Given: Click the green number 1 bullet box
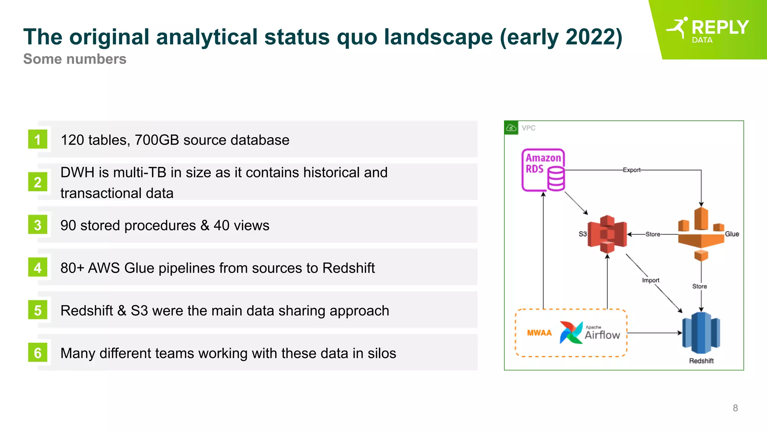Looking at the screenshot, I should (x=37, y=139).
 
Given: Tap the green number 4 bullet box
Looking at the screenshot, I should (x=37, y=268).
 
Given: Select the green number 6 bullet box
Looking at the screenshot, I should (x=37, y=353).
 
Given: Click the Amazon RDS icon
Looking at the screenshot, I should (x=543, y=170).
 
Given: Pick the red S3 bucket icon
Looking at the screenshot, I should (x=607, y=234).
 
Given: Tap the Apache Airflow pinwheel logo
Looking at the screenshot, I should (x=571, y=332).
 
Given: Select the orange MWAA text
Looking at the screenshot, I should (x=539, y=333).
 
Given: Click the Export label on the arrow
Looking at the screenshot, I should (x=631, y=170).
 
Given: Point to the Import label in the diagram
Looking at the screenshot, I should (x=651, y=280).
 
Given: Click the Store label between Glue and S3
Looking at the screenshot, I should (x=652, y=234).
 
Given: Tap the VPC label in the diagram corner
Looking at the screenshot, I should (x=528, y=128).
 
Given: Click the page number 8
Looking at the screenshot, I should (x=735, y=408).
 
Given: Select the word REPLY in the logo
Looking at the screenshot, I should (x=720, y=27).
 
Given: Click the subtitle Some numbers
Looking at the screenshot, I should (x=75, y=59).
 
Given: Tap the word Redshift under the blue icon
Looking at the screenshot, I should (x=701, y=361).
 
